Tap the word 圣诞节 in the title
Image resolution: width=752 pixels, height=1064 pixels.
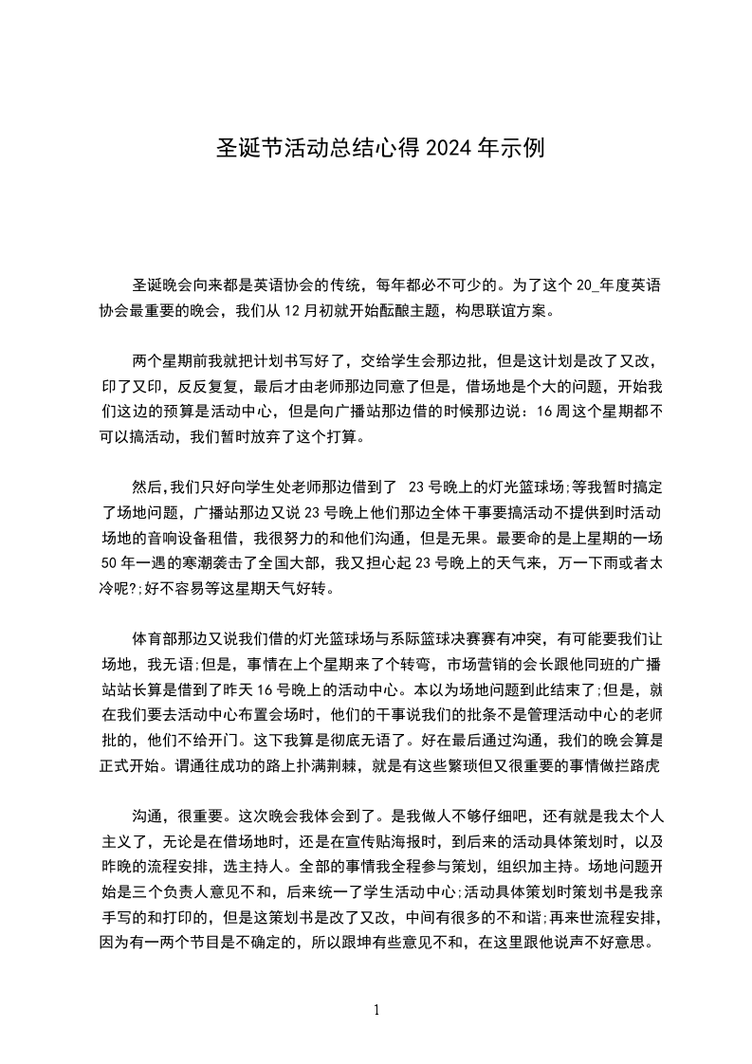click(242, 148)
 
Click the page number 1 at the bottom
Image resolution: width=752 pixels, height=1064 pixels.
click(376, 1009)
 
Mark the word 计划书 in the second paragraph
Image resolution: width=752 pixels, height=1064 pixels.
click(259, 361)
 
